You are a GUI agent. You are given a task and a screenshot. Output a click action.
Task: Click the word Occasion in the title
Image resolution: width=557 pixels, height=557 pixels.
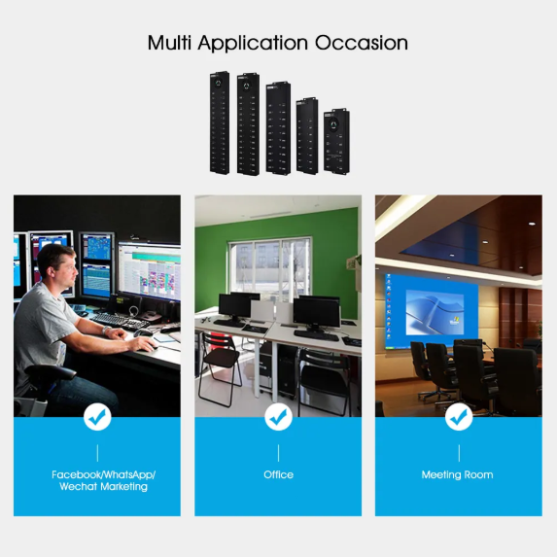pyautogui.click(x=362, y=43)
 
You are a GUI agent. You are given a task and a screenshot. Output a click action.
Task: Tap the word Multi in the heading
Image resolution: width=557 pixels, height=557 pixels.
pyautogui.click(x=169, y=43)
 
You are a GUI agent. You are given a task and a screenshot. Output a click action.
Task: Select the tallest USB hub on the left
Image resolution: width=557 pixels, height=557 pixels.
pyautogui.click(x=219, y=122)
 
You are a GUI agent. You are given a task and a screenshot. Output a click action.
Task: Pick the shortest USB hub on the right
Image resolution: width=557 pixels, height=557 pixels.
pyautogui.click(x=336, y=141)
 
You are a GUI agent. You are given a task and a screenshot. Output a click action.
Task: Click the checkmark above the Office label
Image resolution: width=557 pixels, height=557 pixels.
pyautogui.click(x=278, y=417)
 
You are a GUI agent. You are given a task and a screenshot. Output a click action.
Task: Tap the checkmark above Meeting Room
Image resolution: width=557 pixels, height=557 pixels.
pyautogui.click(x=459, y=417)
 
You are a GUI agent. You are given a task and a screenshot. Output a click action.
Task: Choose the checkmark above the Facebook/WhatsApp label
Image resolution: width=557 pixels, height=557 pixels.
pyautogui.click(x=97, y=417)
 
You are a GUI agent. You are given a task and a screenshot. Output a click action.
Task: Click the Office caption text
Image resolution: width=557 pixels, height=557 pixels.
pyautogui.click(x=278, y=474)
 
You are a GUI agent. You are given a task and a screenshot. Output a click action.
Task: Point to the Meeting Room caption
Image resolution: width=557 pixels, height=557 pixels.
pyautogui.click(x=457, y=475)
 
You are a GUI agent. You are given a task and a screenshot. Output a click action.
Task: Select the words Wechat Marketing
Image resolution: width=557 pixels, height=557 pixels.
pyautogui.click(x=103, y=486)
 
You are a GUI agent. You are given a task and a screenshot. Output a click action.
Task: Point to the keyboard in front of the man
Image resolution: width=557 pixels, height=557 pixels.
pyautogui.click(x=120, y=321)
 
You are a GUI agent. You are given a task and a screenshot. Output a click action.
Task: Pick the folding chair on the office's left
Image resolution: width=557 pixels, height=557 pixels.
pyautogui.click(x=219, y=369)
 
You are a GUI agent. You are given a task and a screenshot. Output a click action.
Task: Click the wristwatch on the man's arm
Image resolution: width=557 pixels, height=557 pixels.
pyautogui.click(x=106, y=331)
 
